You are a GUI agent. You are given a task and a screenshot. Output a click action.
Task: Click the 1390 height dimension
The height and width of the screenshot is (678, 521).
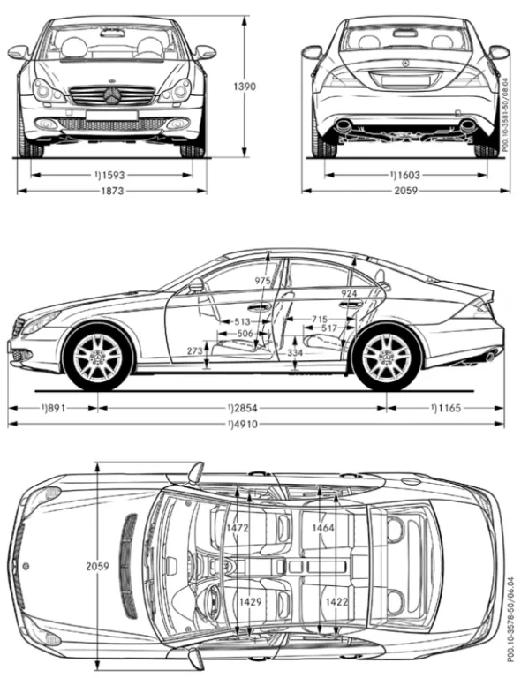pyautogui.click(x=245, y=87)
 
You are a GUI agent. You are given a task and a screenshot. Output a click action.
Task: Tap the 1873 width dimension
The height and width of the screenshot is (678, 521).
pyautogui.click(x=112, y=191)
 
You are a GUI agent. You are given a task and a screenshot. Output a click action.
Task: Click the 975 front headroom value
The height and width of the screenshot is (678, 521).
pyautogui.click(x=262, y=281)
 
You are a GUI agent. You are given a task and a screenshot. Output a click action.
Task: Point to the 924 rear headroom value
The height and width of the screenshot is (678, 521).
pyautogui.click(x=349, y=294)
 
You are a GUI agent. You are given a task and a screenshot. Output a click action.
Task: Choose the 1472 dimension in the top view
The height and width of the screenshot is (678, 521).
pyautogui.click(x=238, y=528)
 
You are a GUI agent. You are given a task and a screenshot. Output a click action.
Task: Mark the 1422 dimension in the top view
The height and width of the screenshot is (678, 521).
pyautogui.click(x=336, y=601)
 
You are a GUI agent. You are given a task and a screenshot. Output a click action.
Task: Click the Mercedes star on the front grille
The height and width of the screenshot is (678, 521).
pyautogui.click(x=112, y=95)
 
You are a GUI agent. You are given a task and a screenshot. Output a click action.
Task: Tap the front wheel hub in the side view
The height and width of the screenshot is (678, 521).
pyautogui.click(x=97, y=358)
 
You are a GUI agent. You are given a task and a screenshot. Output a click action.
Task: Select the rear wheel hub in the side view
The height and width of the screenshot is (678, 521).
pyautogui.click(x=386, y=358)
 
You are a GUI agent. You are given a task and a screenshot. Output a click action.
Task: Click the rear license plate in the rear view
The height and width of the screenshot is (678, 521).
pyautogui.click(x=405, y=81)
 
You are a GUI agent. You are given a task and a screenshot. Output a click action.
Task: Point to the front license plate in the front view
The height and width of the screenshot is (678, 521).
pyautogui.click(x=111, y=116)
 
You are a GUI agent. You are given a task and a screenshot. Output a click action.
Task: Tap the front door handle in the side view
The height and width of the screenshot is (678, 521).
pyautogui.click(x=260, y=308)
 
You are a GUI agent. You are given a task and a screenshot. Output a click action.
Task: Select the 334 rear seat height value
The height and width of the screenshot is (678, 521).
pyautogui.click(x=295, y=353)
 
